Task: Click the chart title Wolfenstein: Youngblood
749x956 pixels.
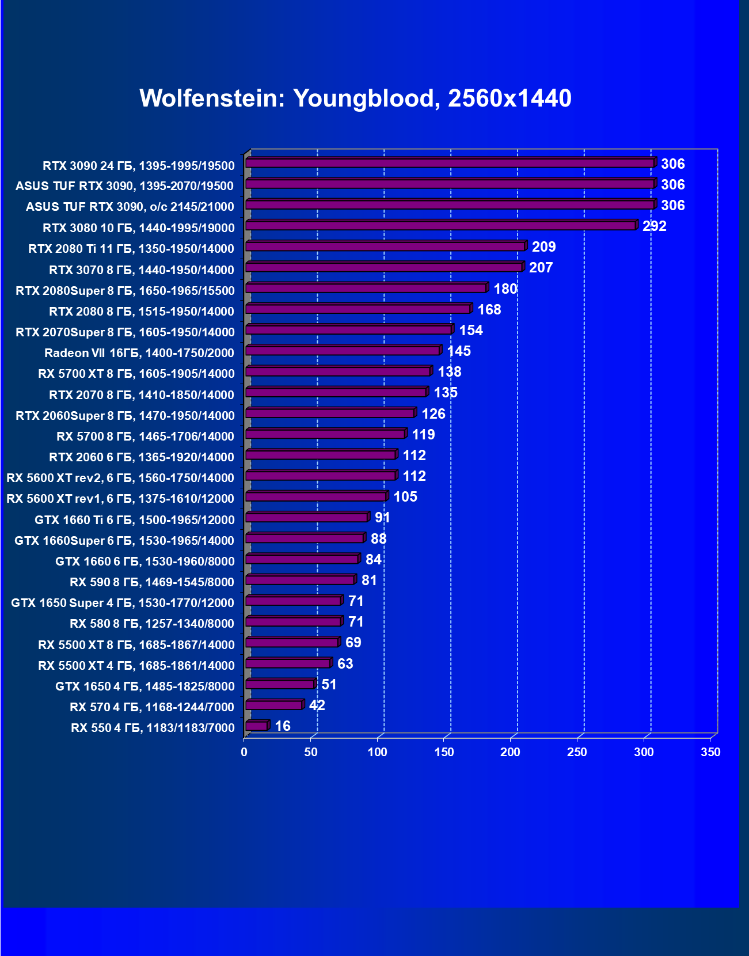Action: coord(355,98)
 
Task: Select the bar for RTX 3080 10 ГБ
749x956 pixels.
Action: coord(441,225)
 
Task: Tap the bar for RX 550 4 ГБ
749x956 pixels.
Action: coord(257,726)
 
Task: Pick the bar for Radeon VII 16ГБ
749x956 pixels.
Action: coord(343,350)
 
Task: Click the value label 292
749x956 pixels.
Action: coord(655,226)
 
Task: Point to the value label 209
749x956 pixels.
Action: coord(543,247)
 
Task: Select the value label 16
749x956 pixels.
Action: coord(283,726)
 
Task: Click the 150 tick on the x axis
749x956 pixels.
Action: coord(444,752)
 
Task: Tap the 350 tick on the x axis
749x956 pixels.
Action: coord(710,752)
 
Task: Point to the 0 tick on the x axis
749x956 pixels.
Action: coord(244,752)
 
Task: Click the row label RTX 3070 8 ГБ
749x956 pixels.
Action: coord(142,270)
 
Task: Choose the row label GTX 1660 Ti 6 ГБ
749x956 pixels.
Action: coord(135,520)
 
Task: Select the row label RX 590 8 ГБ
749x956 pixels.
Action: coord(152,582)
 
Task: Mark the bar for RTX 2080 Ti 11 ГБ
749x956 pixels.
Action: coord(385,246)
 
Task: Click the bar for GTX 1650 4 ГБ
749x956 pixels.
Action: coord(280,684)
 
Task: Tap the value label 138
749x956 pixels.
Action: coord(450,372)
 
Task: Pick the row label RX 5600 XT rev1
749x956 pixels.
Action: coord(120,499)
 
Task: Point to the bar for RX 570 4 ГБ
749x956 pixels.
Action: coord(273,705)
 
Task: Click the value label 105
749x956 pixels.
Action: coord(405,497)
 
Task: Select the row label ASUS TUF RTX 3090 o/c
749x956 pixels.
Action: coord(130,207)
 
